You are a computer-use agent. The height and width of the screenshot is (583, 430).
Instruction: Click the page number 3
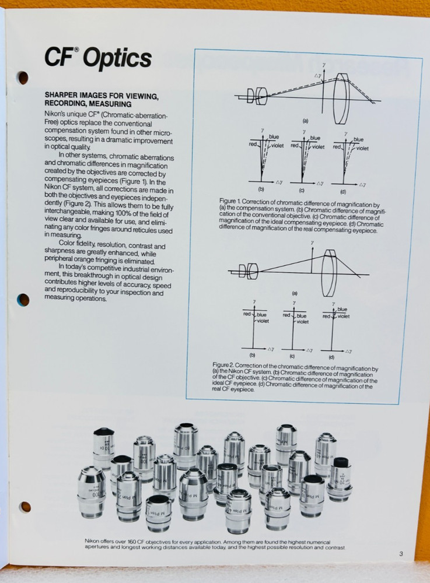pyautogui.click(x=401, y=554)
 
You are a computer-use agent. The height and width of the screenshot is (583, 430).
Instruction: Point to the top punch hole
pyautogui.click(x=23, y=77)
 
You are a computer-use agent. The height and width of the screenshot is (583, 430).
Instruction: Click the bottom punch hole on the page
pyautogui.click(x=25, y=507)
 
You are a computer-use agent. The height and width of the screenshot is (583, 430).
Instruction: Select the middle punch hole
pyautogui.click(x=23, y=300)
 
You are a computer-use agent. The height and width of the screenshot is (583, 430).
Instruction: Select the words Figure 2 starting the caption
pyautogui.click(x=225, y=364)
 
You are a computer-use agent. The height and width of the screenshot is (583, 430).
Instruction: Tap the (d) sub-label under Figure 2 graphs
pyautogui.click(x=331, y=356)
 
